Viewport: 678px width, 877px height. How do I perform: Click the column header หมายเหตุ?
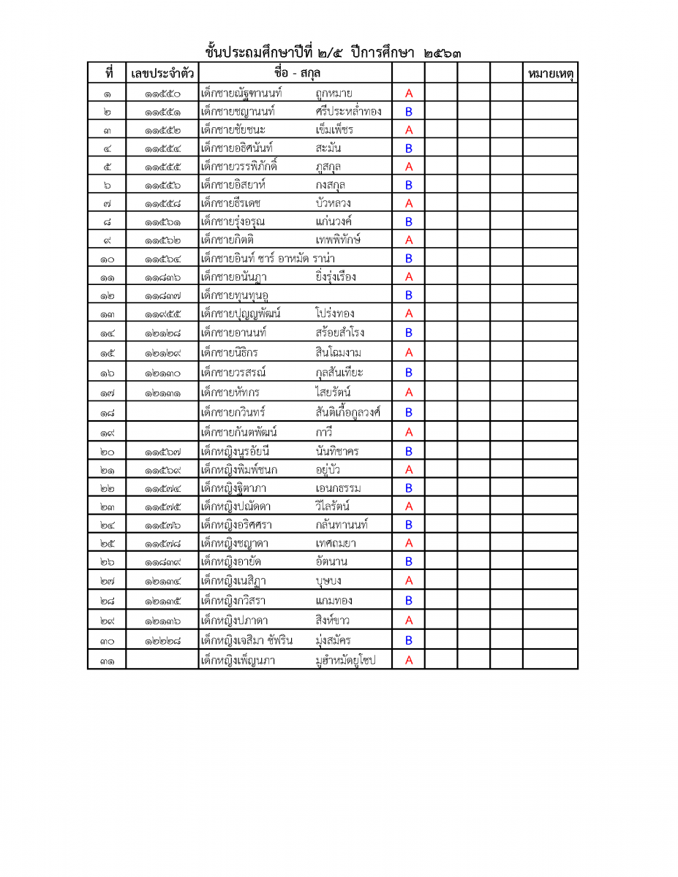[550, 75]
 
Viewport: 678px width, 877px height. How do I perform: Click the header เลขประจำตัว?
[162, 75]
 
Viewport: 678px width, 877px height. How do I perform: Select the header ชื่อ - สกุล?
[297, 74]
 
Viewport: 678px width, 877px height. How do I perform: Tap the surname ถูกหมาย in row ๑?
[334, 94]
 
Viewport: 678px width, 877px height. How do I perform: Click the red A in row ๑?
[409, 94]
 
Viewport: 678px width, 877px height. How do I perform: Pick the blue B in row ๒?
[409, 112]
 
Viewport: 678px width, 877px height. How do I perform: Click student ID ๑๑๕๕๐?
[162, 94]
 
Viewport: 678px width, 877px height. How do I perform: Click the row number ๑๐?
[107, 259]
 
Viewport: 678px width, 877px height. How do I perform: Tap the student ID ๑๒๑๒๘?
[162, 333]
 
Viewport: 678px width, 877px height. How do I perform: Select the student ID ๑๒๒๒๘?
[162, 641]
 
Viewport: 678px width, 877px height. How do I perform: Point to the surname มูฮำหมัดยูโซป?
[345, 661]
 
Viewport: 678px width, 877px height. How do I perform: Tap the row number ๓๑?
[107, 661]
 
